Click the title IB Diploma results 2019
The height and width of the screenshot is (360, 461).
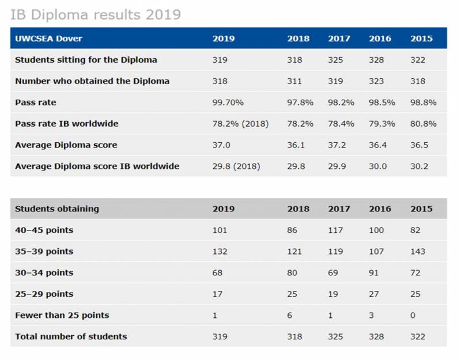click(96, 14)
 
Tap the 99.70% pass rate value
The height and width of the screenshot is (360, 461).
click(228, 103)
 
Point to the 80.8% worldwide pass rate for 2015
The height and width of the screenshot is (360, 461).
click(423, 124)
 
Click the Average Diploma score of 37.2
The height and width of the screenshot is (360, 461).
click(338, 145)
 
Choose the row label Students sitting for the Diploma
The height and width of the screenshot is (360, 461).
click(86, 60)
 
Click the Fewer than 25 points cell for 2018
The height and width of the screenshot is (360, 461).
click(290, 315)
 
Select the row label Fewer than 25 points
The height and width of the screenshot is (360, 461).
click(62, 315)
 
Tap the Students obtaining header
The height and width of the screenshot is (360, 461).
click(56, 209)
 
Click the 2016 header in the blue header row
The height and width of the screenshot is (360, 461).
click(380, 39)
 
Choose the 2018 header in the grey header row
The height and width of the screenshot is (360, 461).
click(298, 209)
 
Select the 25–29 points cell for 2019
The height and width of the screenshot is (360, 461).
click(217, 294)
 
